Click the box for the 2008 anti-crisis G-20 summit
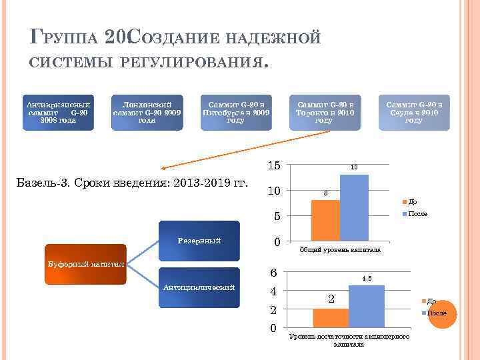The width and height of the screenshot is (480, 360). click(58, 113)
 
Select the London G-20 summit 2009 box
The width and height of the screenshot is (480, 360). click(147, 113)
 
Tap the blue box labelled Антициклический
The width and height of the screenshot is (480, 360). click(198, 288)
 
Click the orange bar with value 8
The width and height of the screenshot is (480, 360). click(325, 220)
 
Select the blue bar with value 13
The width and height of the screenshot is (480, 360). click(354, 207)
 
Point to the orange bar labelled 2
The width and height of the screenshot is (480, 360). click(331, 317)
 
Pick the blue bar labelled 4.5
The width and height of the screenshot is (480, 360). click(366, 307)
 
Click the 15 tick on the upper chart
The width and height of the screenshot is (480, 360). click(273, 166)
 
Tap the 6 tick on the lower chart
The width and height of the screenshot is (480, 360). click(273, 273)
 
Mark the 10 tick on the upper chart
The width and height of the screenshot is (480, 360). click(273, 191)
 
